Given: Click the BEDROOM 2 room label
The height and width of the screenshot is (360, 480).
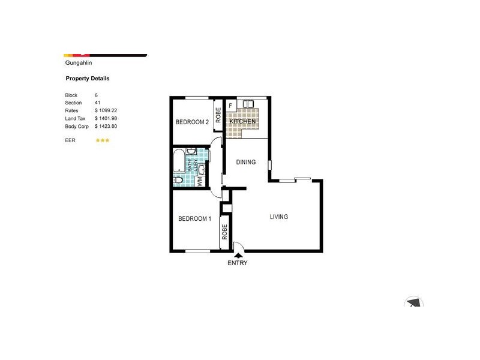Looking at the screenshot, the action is (x=192, y=122).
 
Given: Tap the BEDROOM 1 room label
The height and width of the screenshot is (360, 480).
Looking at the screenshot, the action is (x=194, y=218).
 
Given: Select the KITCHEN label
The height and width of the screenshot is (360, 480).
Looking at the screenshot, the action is (x=242, y=122).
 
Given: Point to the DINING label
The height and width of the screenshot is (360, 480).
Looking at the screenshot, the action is (x=246, y=162).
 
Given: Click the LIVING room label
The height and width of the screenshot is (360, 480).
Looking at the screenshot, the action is (x=279, y=217).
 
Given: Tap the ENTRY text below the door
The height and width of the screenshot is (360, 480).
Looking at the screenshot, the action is (x=238, y=263).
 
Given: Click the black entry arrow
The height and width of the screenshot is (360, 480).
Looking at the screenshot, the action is (x=238, y=255).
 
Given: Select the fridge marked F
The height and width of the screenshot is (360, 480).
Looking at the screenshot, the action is (x=231, y=106).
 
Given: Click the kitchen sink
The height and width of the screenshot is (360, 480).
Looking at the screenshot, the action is (x=248, y=104).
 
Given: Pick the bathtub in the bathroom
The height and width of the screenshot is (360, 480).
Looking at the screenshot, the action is (x=178, y=161).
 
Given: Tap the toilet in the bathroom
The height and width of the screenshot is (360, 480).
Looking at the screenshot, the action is (x=178, y=180).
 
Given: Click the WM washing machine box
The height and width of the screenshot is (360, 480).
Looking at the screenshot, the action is (x=200, y=181).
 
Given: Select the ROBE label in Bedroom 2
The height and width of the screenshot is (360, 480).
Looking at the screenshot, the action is (x=218, y=115).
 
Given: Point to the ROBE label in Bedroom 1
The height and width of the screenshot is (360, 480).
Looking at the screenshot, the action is (x=224, y=232).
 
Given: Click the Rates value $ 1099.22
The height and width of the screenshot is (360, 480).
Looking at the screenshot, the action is (x=106, y=110).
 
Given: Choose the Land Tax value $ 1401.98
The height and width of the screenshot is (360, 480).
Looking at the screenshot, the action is (x=106, y=118).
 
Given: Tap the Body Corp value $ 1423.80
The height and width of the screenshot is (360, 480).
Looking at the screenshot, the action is (x=106, y=127).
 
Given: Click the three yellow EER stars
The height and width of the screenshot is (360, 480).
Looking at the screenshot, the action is (x=103, y=140).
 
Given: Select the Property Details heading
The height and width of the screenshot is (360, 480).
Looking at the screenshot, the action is (x=88, y=79).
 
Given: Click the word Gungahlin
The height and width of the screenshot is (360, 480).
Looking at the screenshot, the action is (x=79, y=63).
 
